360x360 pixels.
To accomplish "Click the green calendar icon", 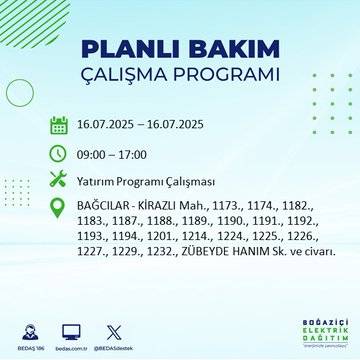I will pos(59,125).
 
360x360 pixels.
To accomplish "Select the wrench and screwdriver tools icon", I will pos(59,180).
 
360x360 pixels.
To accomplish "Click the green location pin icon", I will pos(59,208).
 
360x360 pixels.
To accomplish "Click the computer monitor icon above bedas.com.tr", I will pos(70,329).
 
